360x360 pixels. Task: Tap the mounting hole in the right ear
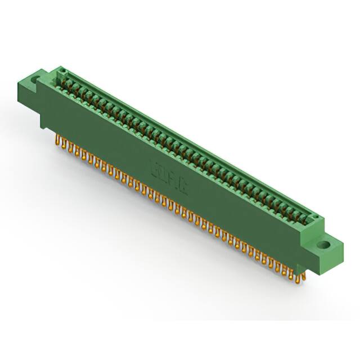pos(325,245)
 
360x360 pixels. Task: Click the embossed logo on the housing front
pos(169,177)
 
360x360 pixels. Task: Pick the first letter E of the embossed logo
pos(155,169)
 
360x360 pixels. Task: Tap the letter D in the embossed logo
pos(162,173)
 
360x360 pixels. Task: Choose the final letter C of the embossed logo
pos(183,185)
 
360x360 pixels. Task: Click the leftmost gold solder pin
pos(58,139)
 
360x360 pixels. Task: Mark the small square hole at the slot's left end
pos(64,71)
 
